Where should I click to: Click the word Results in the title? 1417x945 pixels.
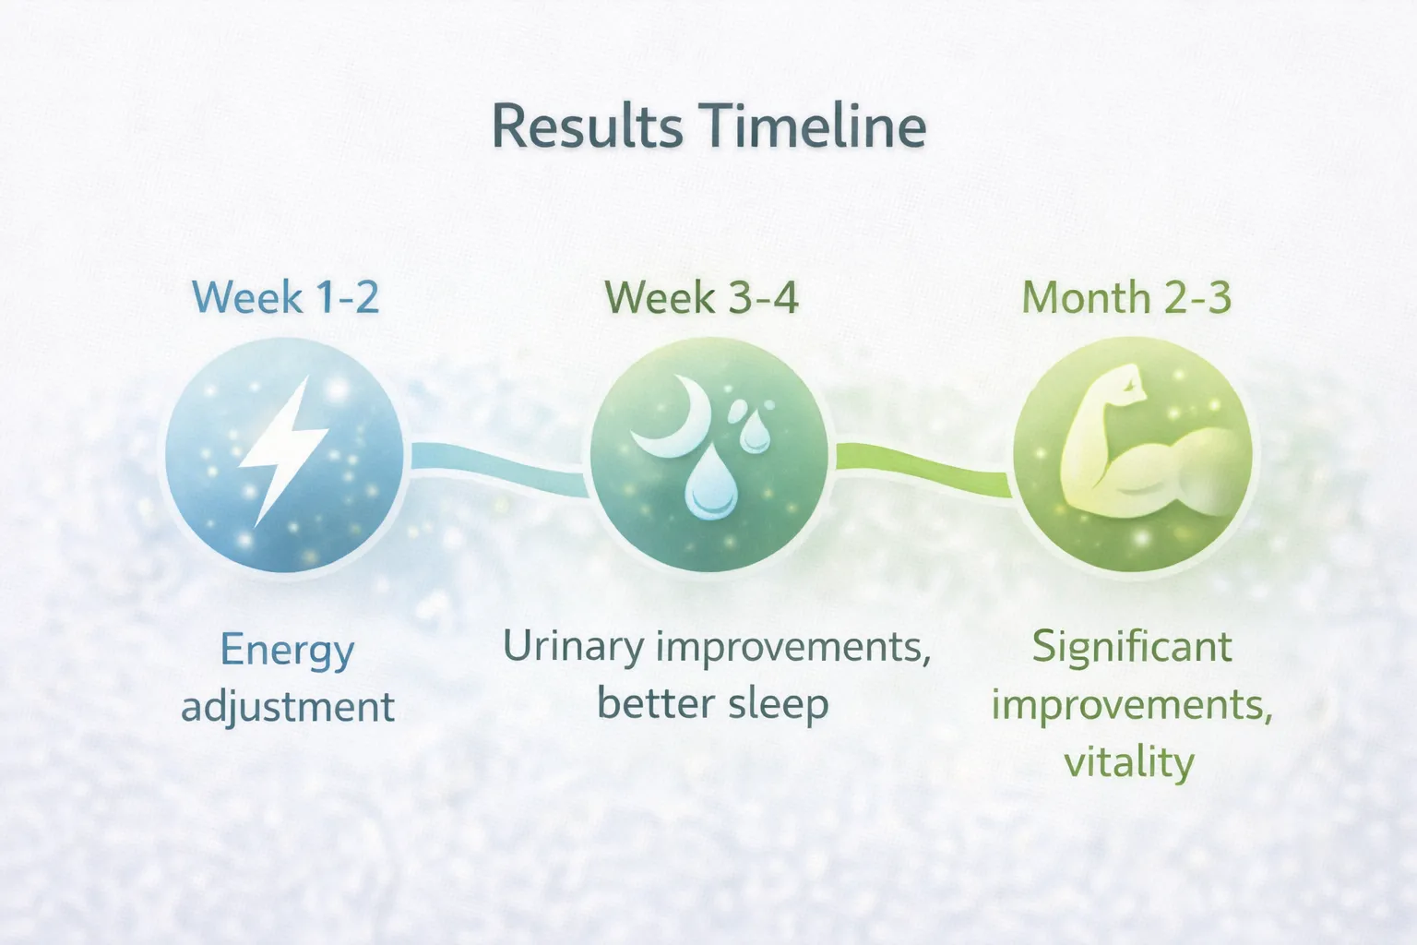(587, 127)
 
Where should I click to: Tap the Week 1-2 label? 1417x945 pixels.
(285, 298)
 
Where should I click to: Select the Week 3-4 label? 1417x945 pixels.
(701, 298)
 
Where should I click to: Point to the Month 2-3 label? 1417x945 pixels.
(1126, 298)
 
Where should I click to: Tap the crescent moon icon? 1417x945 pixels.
(672, 420)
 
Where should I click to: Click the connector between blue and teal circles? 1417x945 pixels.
(498, 466)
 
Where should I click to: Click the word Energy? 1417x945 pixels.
(287, 651)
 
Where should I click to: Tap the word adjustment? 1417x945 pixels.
(288, 708)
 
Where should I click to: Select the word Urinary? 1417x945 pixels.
(573, 647)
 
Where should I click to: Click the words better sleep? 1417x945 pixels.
(712, 704)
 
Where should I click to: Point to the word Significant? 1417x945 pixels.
(1131, 647)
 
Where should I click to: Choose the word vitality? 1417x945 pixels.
(1129, 762)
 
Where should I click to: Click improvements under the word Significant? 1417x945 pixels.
(1131, 705)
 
